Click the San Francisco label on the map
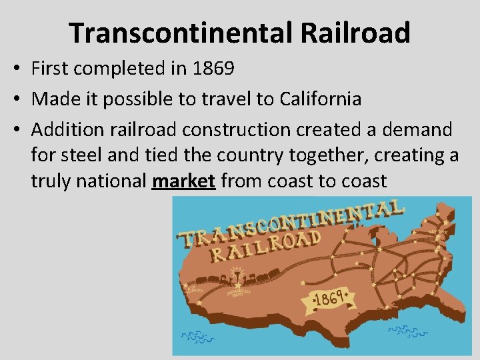pos(195,291)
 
